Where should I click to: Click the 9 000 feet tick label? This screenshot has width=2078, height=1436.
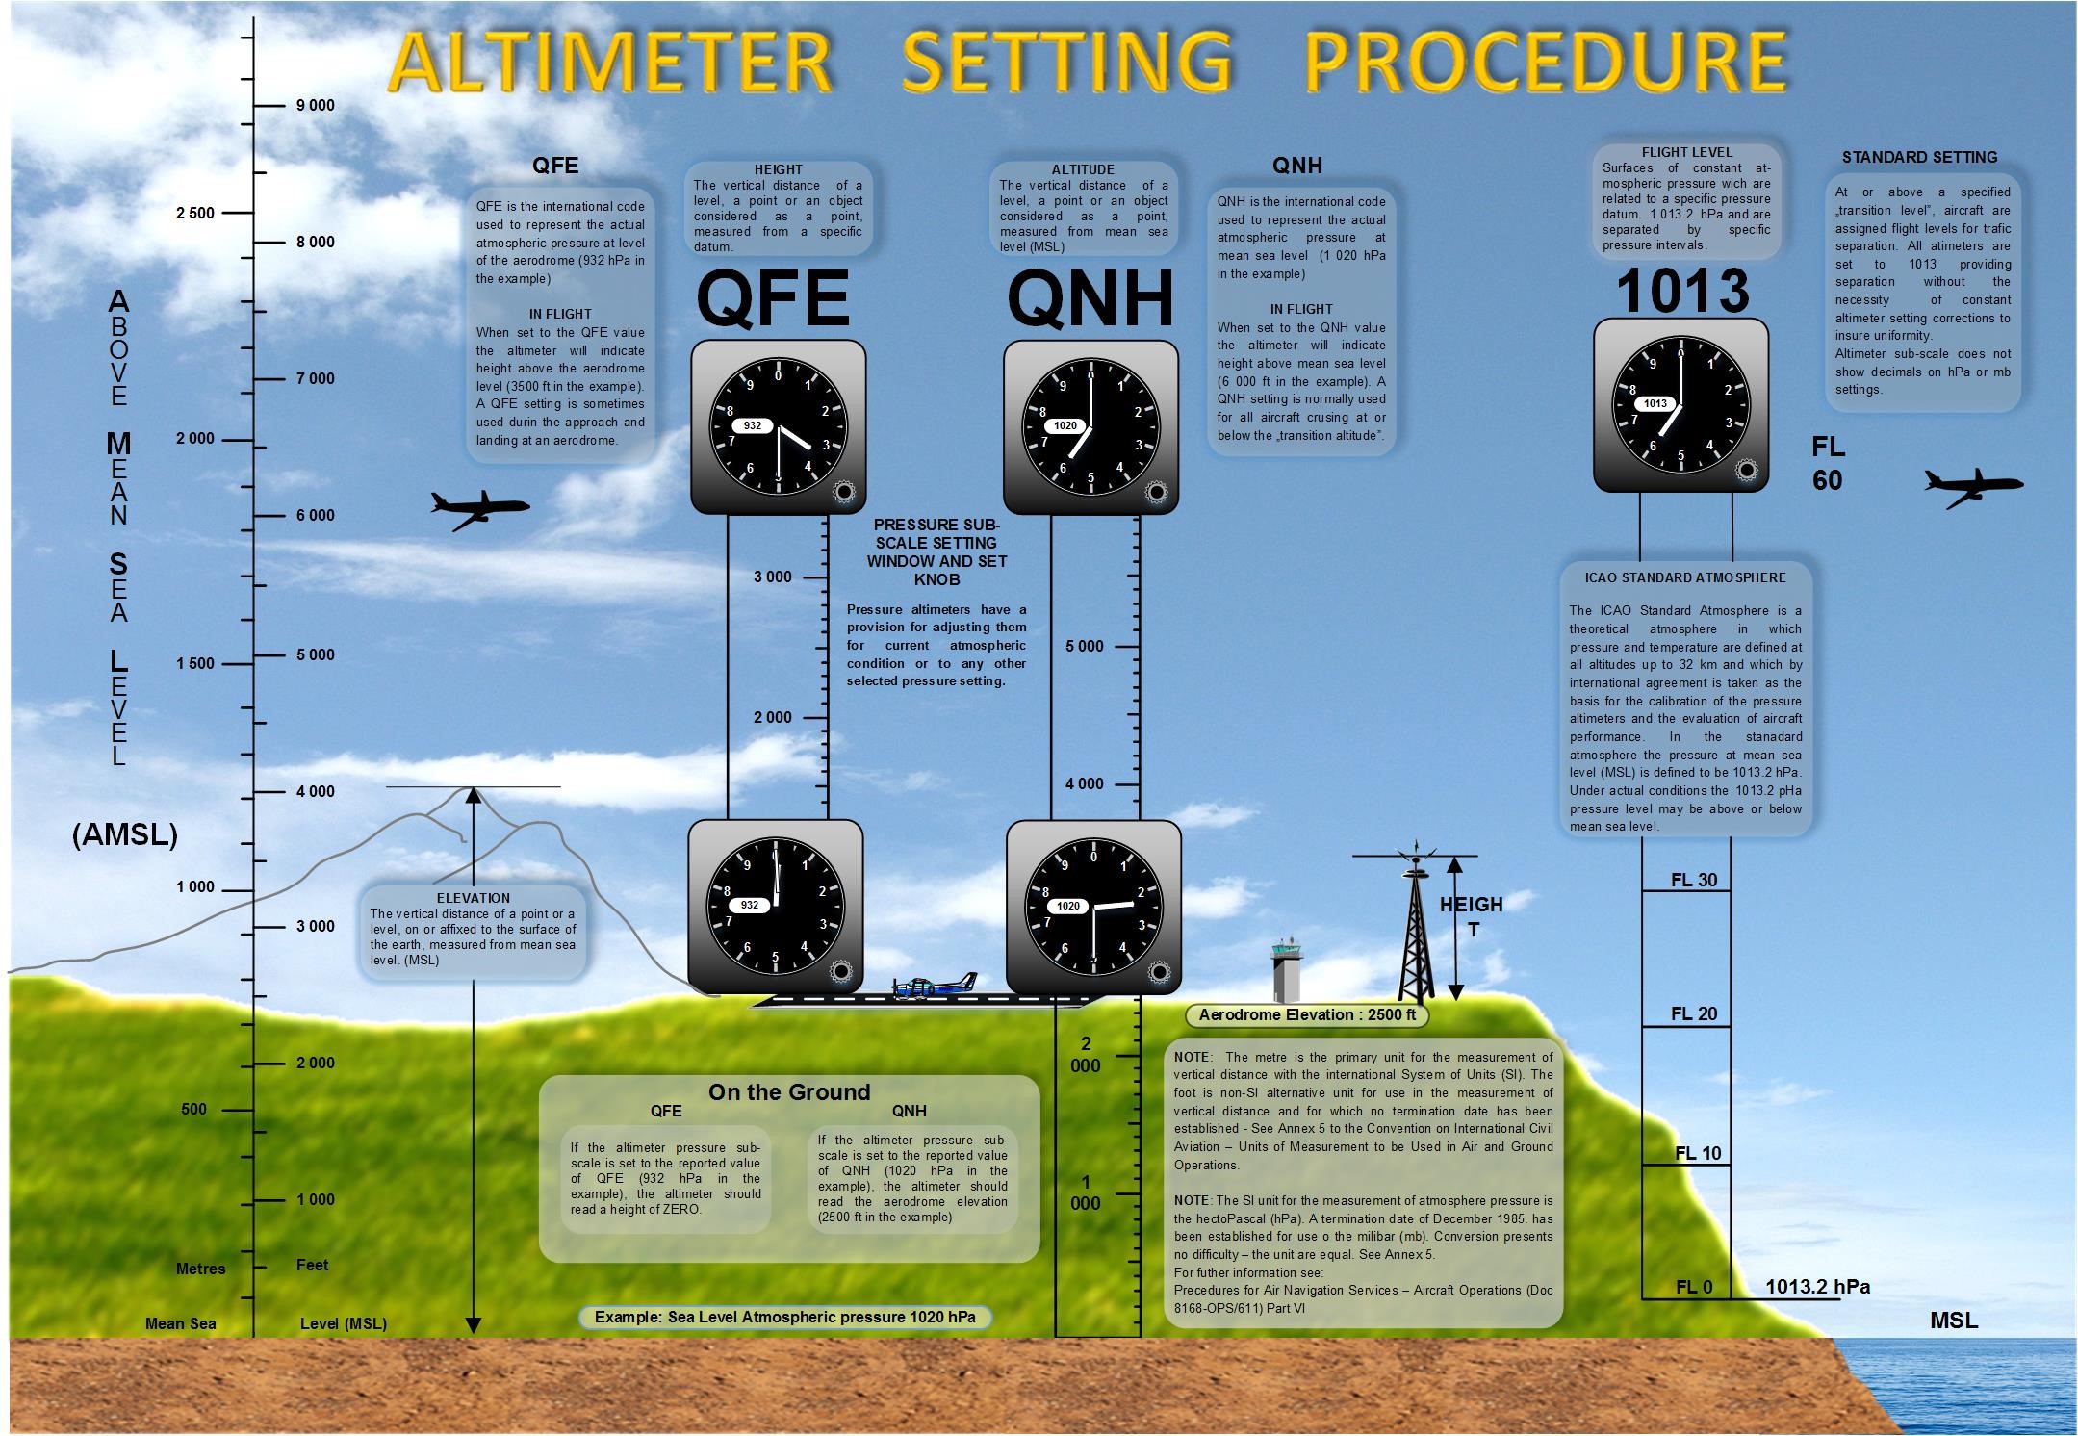click(315, 105)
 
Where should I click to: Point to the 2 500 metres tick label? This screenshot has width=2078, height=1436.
click(195, 213)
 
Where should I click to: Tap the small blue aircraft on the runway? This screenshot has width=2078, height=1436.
click(934, 987)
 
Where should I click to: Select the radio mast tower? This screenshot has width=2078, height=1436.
click(1413, 929)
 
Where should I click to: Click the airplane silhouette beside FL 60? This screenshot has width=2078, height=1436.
click(1972, 487)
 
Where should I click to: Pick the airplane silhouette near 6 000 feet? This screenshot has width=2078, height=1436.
click(478, 509)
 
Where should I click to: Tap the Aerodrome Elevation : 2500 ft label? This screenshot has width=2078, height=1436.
click(1307, 1014)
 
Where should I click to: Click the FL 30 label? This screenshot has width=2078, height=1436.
click(1694, 880)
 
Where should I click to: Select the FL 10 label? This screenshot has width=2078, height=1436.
click(1698, 1153)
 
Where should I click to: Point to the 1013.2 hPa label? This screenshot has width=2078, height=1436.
click(1817, 1287)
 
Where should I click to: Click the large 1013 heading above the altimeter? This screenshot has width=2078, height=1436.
click(1681, 291)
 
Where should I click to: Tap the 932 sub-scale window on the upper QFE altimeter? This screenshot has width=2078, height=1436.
click(753, 425)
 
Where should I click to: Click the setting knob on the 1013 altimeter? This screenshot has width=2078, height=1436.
click(1747, 471)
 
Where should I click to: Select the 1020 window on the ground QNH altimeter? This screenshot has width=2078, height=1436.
click(1068, 906)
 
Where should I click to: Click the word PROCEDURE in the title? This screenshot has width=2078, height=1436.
click(1545, 61)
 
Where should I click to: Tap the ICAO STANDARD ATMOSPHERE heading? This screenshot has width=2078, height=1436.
click(1685, 577)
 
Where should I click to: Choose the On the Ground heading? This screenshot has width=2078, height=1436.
click(789, 1092)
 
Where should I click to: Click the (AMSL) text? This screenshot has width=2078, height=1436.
click(125, 834)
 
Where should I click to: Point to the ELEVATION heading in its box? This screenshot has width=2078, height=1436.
click(473, 898)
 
